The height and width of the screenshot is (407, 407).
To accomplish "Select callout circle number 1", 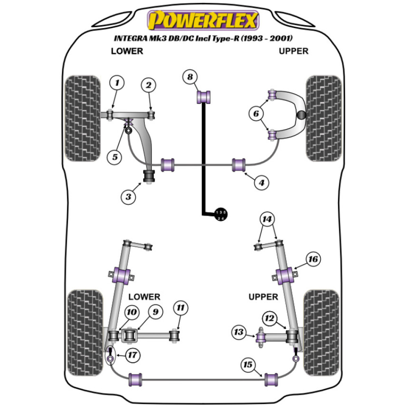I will (117, 84).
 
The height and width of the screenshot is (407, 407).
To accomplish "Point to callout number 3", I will (128, 197).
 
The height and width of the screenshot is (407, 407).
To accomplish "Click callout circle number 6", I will (256, 114).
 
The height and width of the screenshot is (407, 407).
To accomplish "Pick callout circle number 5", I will (116, 157).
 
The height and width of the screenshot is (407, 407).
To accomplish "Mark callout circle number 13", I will (239, 333).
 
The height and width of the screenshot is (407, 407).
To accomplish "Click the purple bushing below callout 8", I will (204, 97).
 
